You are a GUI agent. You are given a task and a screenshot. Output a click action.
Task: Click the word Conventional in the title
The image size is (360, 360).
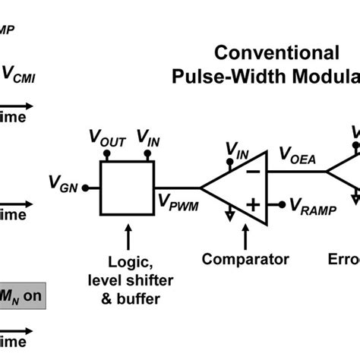276,52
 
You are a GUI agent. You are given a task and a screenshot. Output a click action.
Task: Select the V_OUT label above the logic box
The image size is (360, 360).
109,138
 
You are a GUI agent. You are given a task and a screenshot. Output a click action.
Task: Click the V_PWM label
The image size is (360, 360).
175,201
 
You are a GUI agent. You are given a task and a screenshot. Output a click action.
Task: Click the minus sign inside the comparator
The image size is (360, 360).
253,171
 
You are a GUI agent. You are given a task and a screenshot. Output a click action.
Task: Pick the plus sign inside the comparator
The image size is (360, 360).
253,204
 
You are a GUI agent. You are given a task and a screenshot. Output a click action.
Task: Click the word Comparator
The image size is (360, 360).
245,259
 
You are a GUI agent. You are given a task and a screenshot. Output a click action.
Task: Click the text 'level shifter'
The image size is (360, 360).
125,279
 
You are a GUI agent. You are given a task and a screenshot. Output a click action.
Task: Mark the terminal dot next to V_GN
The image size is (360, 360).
85,188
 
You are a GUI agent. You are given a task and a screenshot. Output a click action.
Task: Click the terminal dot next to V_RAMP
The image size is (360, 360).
281,204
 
